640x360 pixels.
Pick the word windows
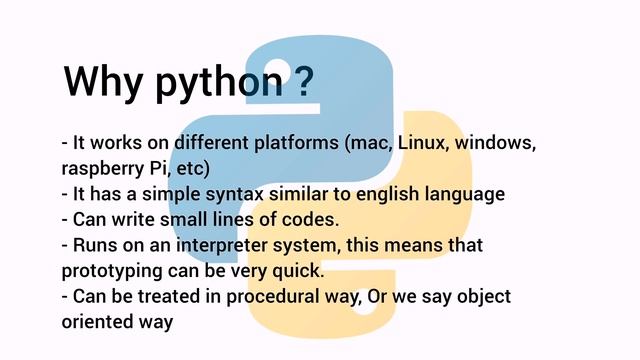tap(497, 143)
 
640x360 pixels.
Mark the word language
tap(469, 194)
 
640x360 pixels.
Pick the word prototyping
tap(112, 271)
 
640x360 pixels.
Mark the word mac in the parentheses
tap(370, 143)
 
